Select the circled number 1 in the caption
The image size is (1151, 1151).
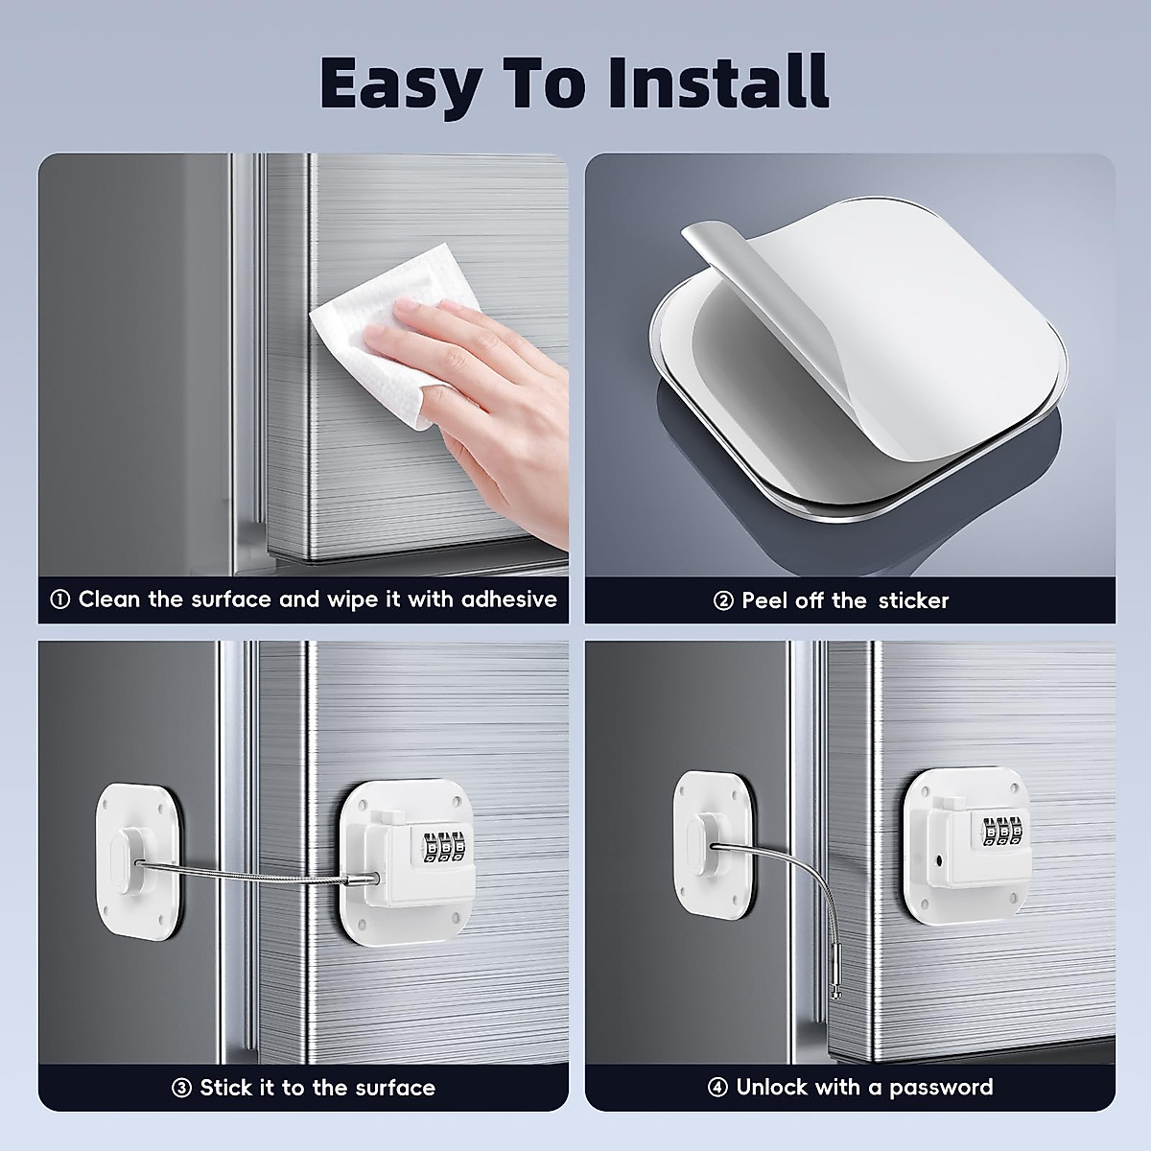click(x=59, y=600)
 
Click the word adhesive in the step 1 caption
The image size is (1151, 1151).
click(x=508, y=599)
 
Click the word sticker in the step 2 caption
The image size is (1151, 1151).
click(x=911, y=600)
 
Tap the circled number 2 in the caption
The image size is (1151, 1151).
click(x=723, y=601)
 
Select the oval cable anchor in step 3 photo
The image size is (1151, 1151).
click(x=120, y=857)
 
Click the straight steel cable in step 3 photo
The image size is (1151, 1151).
click(x=249, y=873)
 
